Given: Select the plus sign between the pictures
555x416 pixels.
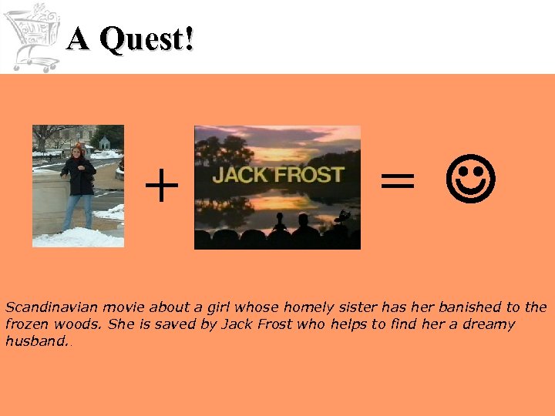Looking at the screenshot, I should (x=161, y=187).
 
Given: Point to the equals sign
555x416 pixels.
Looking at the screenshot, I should (x=398, y=183).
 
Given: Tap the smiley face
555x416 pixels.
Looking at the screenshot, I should (x=471, y=182).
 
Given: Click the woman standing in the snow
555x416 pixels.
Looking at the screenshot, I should (x=78, y=185).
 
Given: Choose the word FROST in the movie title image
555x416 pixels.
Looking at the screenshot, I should (x=311, y=174).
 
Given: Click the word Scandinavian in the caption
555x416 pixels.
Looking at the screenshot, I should (x=45, y=307).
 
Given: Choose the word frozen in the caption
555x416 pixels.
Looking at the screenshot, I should (x=25, y=324).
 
